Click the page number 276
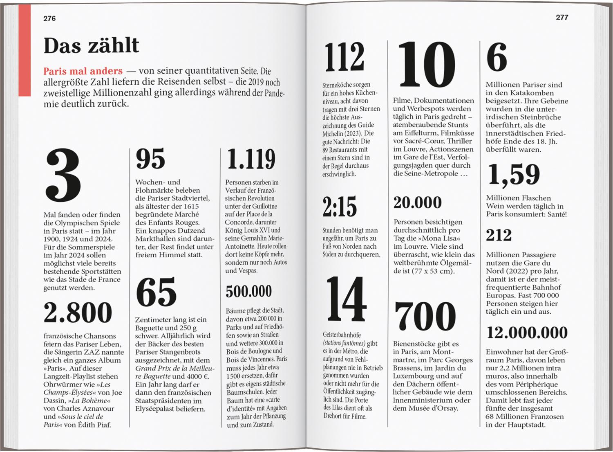(x=49, y=18)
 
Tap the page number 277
(x=562, y=17)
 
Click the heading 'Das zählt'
(x=91, y=45)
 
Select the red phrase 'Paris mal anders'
(x=83, y=71)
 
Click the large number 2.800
(x=78, y=313)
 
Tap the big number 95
(x=150, y=159)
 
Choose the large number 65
(x=156, y=292)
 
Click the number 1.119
(x=251, y=159)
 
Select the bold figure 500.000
(x=248, y=291)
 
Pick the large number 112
(x=345, y=57)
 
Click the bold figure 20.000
(x=418, y=202)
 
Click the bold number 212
(x=499, y=235)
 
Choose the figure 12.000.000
(x=527, y=333)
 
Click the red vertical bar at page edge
(x=25, y=51)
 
